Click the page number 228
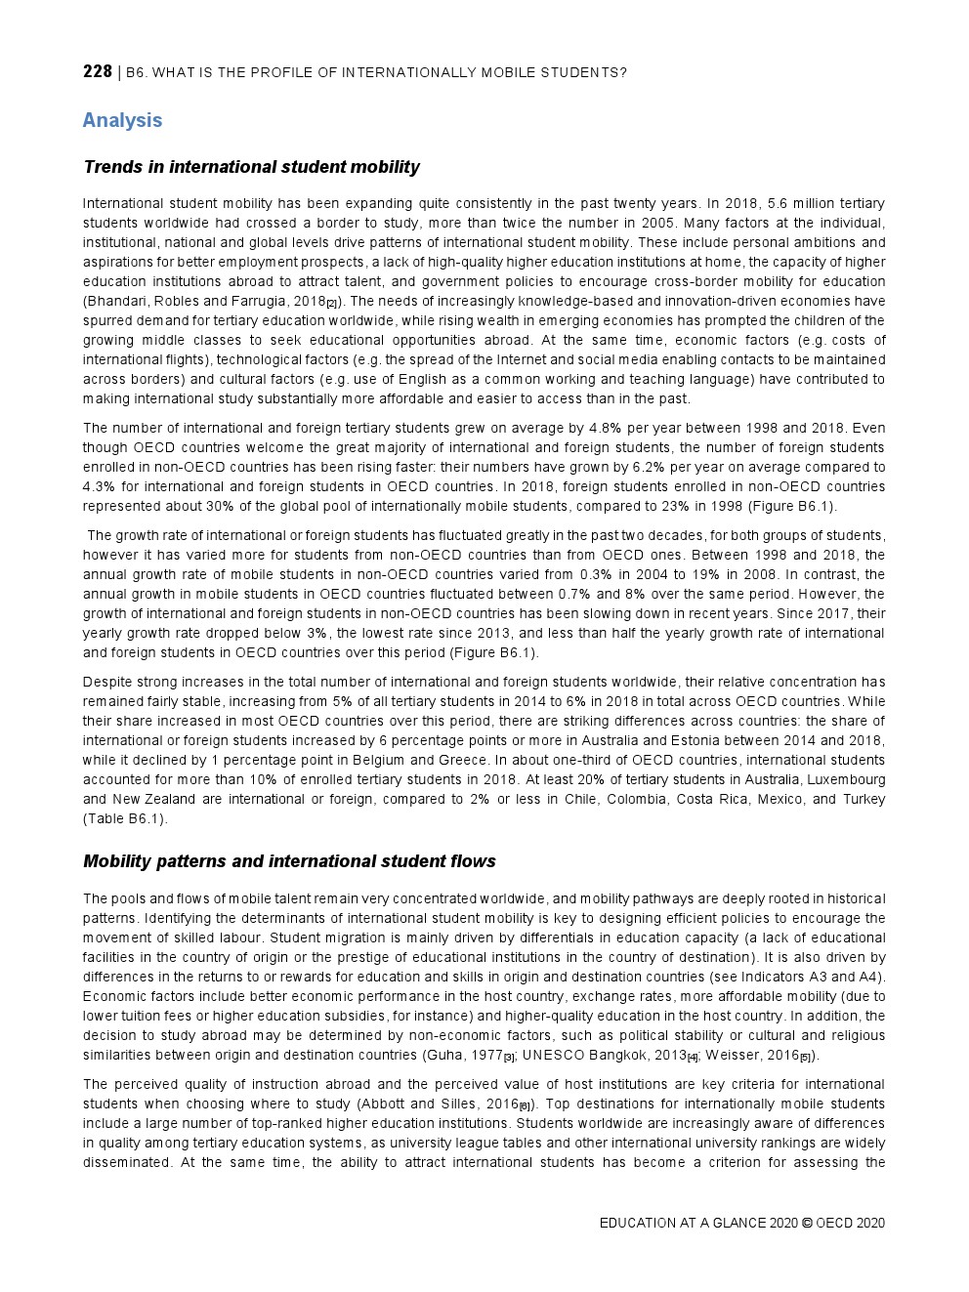[98, 71]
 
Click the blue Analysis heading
[122, 120]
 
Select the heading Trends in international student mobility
[251, 167]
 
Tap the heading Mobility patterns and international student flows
[289, 861]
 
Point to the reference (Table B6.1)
[125, 818]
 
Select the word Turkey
[864, 799]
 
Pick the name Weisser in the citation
[732, 1055]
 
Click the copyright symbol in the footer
[806, 1223]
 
